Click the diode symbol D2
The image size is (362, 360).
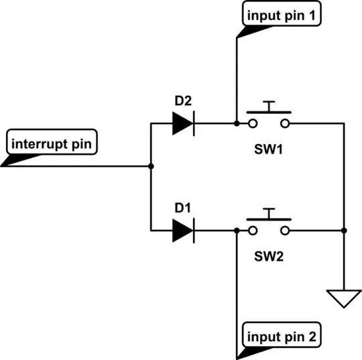pyautogui.click(x=182, y=123)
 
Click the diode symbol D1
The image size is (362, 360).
pyautogui.click(x=182, y=231)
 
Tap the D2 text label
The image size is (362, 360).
pyautogui.click(x=182, y=101)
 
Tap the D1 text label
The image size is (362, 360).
pyautogui.click(x=182, y=208)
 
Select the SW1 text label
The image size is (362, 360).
pyautogui.click(x=269, y=147)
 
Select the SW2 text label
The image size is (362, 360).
pyautogui.click(x=269, y=255)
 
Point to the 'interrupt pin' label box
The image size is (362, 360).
pyautogui.click(x=53, y=143)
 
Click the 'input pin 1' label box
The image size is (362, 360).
pyautogui.click(x=282, y=15)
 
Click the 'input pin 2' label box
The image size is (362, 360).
pyautogui.click(x=282, y=335)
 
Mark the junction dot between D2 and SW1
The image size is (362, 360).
pyautogui.click(x=237, y=123)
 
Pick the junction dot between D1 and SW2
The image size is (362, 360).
pyautogui.click(x=237, y=231)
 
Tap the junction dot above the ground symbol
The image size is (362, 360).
pyautogui.click(x=343, y=231)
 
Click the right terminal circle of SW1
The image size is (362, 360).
pyautogui.click(x=286, y=123)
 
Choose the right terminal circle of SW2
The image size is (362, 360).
pyautogui.click(x=286, y=231)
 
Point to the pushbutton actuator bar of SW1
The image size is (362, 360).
pyautogui.click(x=269, y=109)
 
